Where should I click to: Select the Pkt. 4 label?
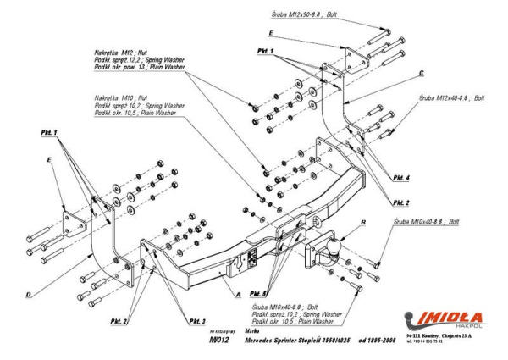point(401,177)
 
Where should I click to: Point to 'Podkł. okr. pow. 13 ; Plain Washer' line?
point(138,66)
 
